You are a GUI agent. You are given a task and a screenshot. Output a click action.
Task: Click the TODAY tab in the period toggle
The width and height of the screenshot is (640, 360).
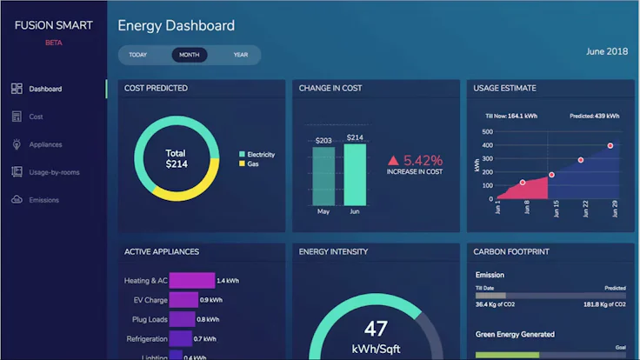coord(137,55)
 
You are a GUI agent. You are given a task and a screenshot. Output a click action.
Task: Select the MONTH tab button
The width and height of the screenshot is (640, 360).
coord(190,55)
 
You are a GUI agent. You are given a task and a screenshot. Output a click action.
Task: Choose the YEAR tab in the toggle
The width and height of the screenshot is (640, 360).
coord(240,55)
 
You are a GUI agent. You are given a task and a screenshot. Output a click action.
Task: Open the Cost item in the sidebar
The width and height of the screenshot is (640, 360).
coord(36,117)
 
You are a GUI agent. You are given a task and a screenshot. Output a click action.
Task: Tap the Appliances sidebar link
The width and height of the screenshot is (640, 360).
coord(45,144)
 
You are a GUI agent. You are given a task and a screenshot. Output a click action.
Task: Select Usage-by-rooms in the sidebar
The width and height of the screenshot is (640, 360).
coord(53,172)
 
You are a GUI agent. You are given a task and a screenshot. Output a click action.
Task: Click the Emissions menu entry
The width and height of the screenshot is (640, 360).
coord(43,200)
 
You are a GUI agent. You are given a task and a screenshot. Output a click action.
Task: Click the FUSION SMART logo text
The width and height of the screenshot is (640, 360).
coord(53,26)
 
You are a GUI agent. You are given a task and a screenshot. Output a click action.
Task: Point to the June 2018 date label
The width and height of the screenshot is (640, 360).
coord(607,51)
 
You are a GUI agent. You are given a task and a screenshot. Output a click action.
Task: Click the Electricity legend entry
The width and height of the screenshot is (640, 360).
coord(260,155)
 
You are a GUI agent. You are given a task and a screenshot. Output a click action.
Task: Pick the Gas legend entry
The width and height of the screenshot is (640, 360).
coord(253,163)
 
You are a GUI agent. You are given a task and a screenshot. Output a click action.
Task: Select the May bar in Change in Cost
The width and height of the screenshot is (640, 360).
coord(323,176)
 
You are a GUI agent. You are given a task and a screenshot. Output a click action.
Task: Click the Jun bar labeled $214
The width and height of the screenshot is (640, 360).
coord(355,174)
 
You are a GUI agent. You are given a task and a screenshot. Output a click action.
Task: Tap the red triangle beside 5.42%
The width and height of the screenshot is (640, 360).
coord(394,161)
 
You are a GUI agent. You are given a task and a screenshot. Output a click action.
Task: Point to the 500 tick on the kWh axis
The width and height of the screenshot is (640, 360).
coord(487,132)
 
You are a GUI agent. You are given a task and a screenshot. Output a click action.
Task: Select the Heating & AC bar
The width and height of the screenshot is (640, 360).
coord(191,281)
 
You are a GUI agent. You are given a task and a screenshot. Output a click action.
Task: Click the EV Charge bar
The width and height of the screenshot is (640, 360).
coord(183,300)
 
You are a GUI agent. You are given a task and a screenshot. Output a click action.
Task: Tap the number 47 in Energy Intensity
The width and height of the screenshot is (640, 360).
coord(376,329)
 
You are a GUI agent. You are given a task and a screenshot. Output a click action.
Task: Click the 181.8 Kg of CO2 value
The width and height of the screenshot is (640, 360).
coord(603,305)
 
